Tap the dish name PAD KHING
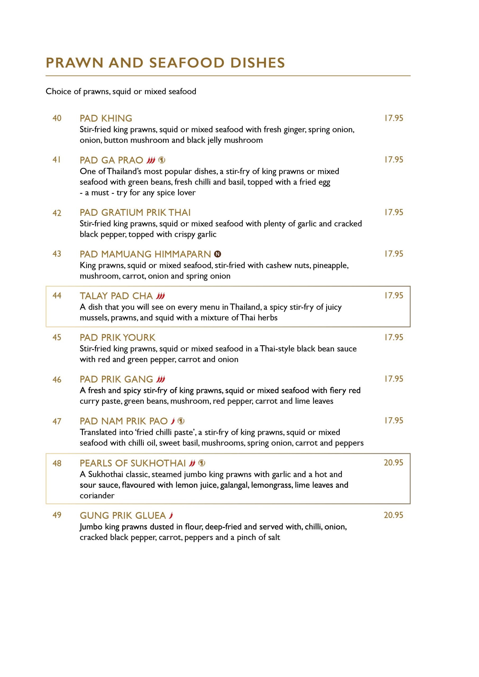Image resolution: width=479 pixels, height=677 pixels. pos(106,118)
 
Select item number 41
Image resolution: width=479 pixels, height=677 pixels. pos(57,159)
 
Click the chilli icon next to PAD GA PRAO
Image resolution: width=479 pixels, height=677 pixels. pos(151,160)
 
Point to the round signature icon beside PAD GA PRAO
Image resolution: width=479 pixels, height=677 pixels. pos(162,160)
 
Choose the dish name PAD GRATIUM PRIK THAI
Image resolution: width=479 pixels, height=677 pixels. pos(135,212)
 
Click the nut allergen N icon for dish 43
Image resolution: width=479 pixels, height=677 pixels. pos(218,254)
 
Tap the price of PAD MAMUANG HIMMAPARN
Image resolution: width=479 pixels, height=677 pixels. pos(394,254)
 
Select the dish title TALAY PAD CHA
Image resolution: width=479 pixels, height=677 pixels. pos(116,296)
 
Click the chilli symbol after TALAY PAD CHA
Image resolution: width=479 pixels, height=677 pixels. pos(160,296)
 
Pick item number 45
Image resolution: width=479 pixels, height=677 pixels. pos(57,337)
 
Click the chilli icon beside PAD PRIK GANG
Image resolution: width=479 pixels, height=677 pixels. pos(161,379)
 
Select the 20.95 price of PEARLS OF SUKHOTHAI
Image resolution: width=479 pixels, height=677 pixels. pos(394,462)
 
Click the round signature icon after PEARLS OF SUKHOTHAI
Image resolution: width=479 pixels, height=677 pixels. pos(202,463)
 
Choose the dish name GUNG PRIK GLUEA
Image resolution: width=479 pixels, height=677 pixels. pos(123,515)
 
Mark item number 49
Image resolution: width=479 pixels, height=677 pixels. pos(57,515)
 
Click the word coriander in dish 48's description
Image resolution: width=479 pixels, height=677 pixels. pos(97,495)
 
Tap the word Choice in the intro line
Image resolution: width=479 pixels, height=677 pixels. pos(58,92)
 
